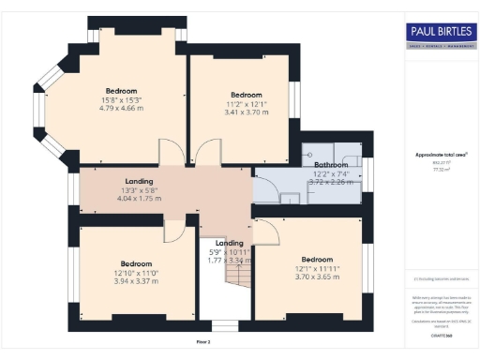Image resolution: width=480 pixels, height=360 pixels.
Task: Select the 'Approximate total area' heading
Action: tap(440, 154)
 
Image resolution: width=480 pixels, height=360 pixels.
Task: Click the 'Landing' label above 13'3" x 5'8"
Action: tap(139, 181)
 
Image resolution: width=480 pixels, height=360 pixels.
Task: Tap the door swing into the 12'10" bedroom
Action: tap(174, 232)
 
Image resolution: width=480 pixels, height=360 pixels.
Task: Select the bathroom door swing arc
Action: tap(264, 185)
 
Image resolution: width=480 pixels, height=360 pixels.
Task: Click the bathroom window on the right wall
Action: tap(366, 173)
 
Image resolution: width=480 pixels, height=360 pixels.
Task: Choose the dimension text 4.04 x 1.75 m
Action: tap(139, 199)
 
